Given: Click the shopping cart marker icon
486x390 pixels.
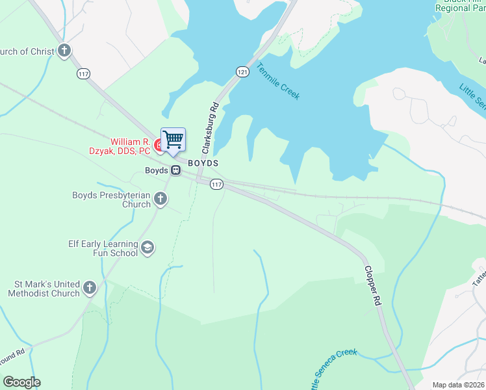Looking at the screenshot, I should tap(173, 139).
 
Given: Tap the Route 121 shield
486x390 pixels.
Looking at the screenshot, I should tap(242, 72).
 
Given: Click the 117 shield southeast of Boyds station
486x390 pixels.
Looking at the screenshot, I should tap(217, 185).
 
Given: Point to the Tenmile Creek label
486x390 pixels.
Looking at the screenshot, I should tap(278, 81).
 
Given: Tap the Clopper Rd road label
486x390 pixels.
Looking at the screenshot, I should tap(370, 287).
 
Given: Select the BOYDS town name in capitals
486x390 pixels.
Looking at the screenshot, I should tap(203, 162).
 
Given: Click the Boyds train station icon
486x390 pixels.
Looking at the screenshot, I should tap(175, 170).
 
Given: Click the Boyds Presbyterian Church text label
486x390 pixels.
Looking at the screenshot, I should tap(111, 200).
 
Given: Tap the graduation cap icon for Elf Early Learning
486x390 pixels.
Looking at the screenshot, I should tap(148, 248).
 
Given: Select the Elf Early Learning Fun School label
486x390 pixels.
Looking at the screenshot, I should tap(103, 248).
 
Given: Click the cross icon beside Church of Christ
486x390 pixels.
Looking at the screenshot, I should tap(64, 51).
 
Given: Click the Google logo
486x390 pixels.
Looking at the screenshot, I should tap(21, 382).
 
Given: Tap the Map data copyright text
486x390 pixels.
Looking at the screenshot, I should tap(457, 385).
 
